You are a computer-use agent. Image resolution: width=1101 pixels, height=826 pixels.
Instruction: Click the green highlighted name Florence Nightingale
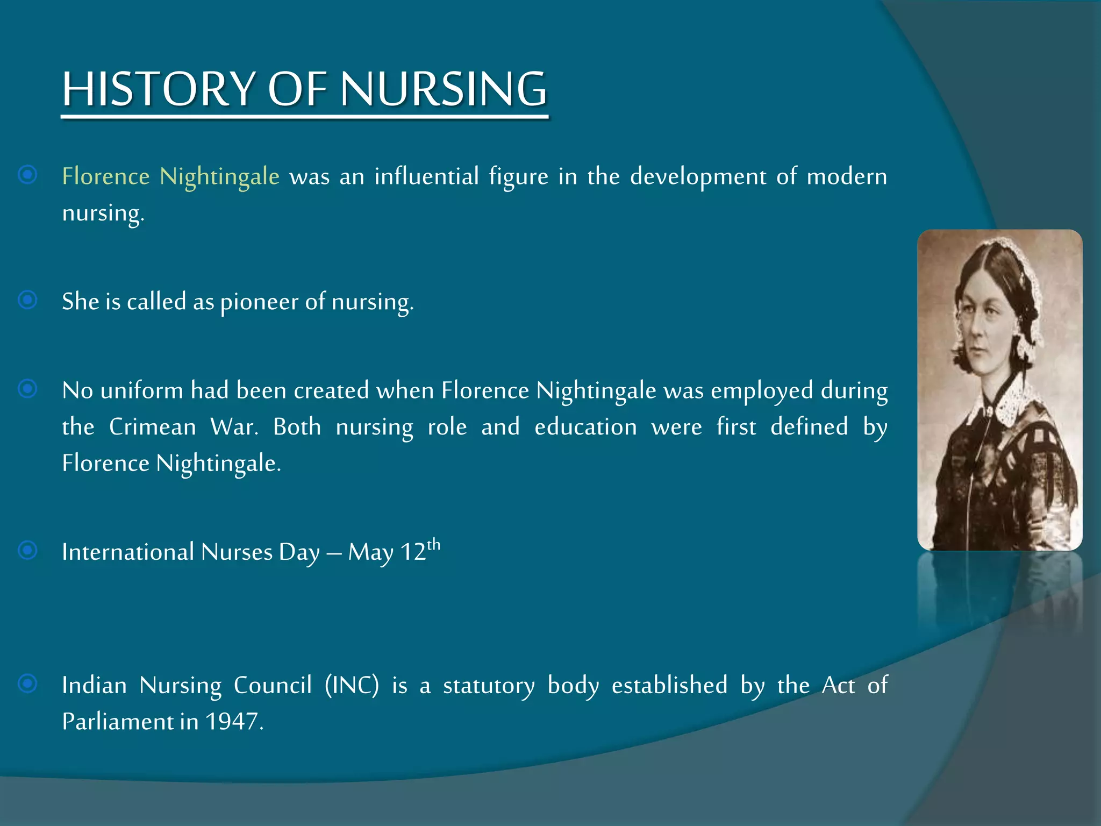pyautogui.click(x=171, y=176)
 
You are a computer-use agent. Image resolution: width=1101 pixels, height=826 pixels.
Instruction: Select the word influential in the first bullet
pyautogui.click(x=426, y=176)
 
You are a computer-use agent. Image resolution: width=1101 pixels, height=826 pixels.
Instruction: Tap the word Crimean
pyautogui.click(x=153, y=427)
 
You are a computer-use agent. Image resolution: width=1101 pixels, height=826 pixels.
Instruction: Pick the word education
pyautogui.click(x=585, y=427)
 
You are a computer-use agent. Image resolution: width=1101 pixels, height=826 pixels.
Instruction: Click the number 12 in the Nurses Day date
pyautogui.click(x=413, y=552)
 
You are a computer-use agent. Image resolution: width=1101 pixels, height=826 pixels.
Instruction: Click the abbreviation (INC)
pyautogui.click(x=352, y=686)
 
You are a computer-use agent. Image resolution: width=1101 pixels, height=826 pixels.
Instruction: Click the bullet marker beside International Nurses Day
pyautogui.click(x=27, y=550)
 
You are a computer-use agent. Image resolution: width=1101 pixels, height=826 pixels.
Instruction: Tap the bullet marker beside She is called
pyautogui.click(x=27, y=300)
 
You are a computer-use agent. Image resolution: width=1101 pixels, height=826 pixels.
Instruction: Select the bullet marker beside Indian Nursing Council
pyautogui.click(x=27, y=683)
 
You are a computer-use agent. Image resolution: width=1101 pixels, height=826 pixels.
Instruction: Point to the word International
pyautogui.click(x=128, y=552)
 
